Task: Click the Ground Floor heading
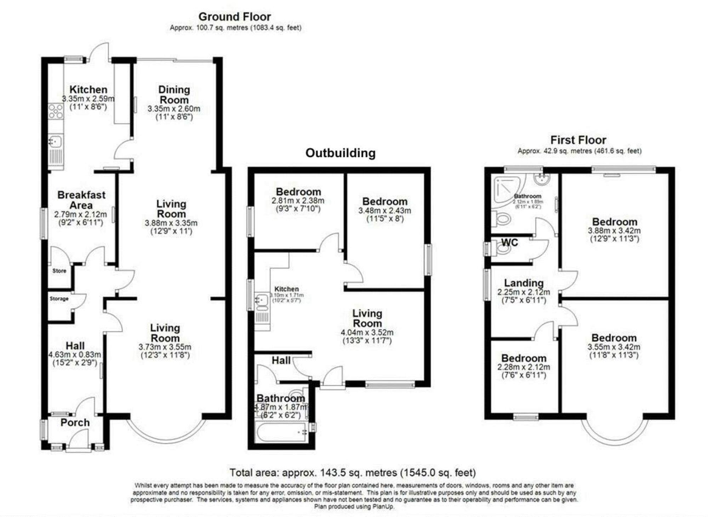click(x=234, y=17)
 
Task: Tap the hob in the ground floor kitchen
click(x=56, y=111)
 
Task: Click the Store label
click(x=59, y=271)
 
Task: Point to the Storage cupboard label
click(x=59, y=299)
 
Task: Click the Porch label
click(x=75, y=423)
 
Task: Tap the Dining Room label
click(x=174, y=95)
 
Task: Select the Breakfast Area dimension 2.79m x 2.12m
click(x=80, y=214)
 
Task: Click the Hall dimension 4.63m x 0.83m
click(x=75, y=355)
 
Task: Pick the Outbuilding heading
click(x=340, y=153)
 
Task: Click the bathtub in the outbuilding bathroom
click(x=281, y=433)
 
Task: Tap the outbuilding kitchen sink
click(x=261, y=300)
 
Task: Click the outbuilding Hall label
click(x=281, y=361)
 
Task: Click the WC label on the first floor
click(x=509, y=243)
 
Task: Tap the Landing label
click(x=524, y=283)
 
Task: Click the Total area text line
click(x=353, y=473)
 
